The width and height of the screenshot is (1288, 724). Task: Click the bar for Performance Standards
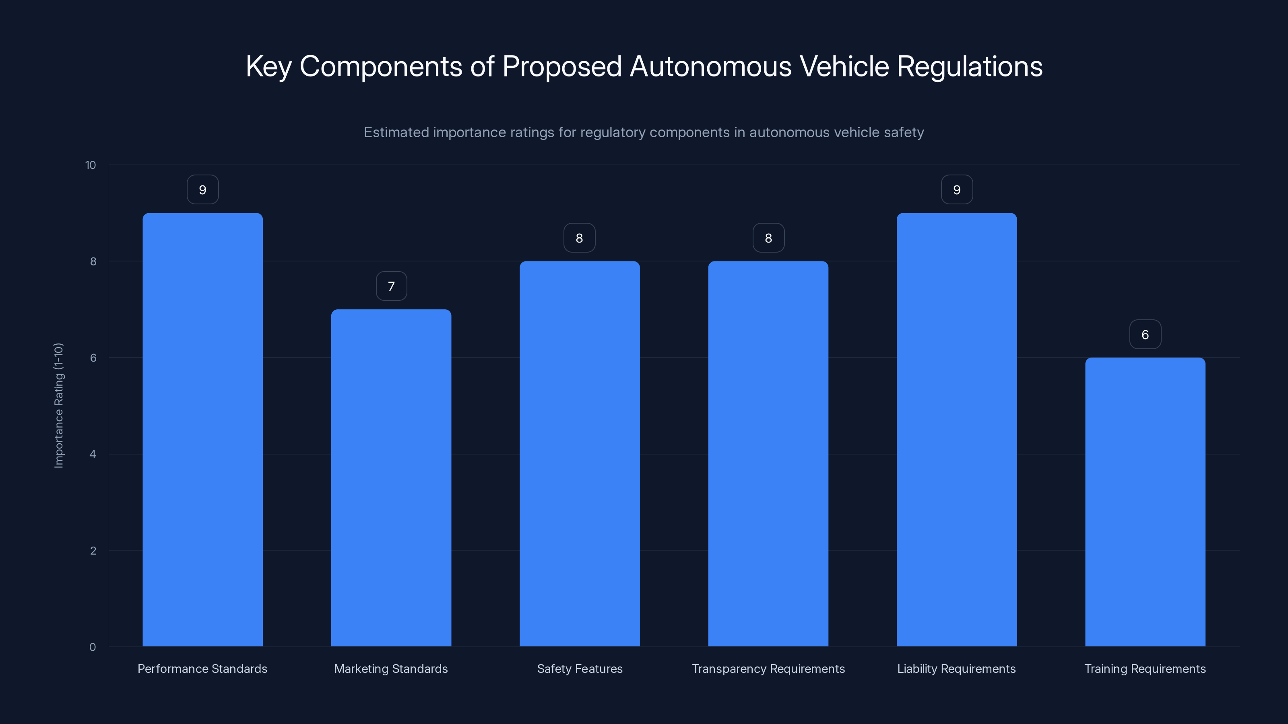click(202, 430)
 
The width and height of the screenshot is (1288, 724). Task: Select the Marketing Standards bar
click(391, 478)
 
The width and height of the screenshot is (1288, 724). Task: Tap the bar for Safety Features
click(580, 454)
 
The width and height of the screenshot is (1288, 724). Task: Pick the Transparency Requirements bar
click(768, 454)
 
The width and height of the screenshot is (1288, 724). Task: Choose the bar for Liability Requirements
click(956, 430)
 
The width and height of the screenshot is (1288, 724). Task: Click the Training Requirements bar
click(1145, 502)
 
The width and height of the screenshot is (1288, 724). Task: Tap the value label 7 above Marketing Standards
click(391, 286)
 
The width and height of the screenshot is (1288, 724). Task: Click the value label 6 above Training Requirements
click(1145, 335)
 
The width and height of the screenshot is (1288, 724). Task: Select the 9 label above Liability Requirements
click(956, 190)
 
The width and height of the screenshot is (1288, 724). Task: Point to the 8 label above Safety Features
click(580, 239)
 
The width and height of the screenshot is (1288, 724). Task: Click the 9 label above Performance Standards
click(202, 190)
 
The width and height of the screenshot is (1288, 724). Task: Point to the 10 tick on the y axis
click(91, 165)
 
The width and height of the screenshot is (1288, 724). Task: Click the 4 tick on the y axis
click(93, 454)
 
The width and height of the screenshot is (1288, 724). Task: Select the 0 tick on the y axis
click(93, 647)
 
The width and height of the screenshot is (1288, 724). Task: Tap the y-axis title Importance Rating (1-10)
click(58, 405)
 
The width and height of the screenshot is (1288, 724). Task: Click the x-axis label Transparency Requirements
click(768, 668)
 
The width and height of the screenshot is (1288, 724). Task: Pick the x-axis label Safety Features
click(580, 668)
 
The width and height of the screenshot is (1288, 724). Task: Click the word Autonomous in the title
click(710, 66)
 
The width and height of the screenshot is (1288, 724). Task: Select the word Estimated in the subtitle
click(396, 132)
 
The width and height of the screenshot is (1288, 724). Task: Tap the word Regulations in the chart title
click(970, 66)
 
